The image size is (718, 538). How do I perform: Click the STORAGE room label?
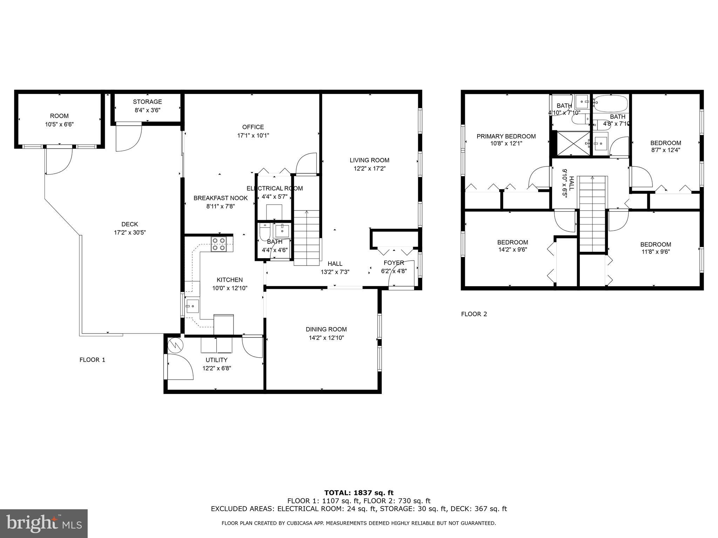coord(147,102)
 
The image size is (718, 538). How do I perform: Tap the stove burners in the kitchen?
coord(219,244)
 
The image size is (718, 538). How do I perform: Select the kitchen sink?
coord(192,306)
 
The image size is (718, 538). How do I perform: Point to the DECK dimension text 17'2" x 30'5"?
coord(130,233)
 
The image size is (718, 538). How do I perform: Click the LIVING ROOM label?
coord(369,160)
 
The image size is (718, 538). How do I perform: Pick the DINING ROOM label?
coord(326,329)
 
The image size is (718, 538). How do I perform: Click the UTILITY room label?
coord(216,360)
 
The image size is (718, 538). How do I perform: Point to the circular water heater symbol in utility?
coord(175,346)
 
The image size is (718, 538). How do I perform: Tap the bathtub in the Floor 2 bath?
coord(611,103)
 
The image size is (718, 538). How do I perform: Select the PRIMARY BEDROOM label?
coord(506,137)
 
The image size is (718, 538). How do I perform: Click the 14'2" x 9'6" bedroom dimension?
coord(512,250)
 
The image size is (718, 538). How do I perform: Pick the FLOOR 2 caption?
coord(474,314)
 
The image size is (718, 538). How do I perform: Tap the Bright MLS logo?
coord(44,523)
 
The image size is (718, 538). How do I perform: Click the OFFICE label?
coord(253,127)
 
